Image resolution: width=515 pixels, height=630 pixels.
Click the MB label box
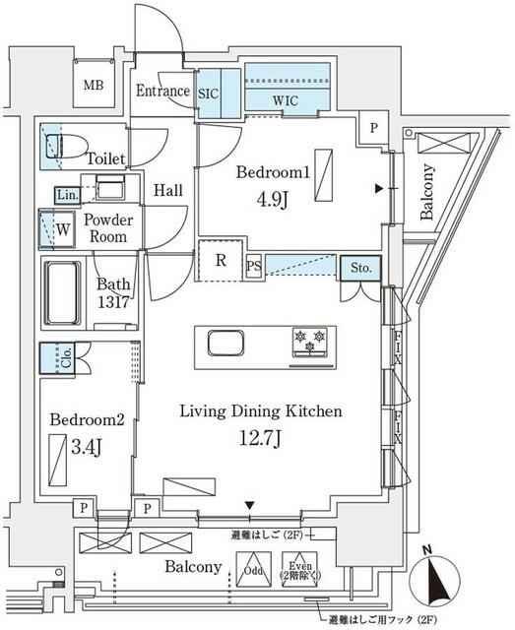(x=94, y=86)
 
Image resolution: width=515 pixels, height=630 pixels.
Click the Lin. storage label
(x=66, y=194)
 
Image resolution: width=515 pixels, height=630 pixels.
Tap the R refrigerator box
(x=223, y=261)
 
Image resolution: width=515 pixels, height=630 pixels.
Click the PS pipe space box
(x=253, y=267)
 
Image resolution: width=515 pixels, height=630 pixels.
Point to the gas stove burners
(x=307, y=343)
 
